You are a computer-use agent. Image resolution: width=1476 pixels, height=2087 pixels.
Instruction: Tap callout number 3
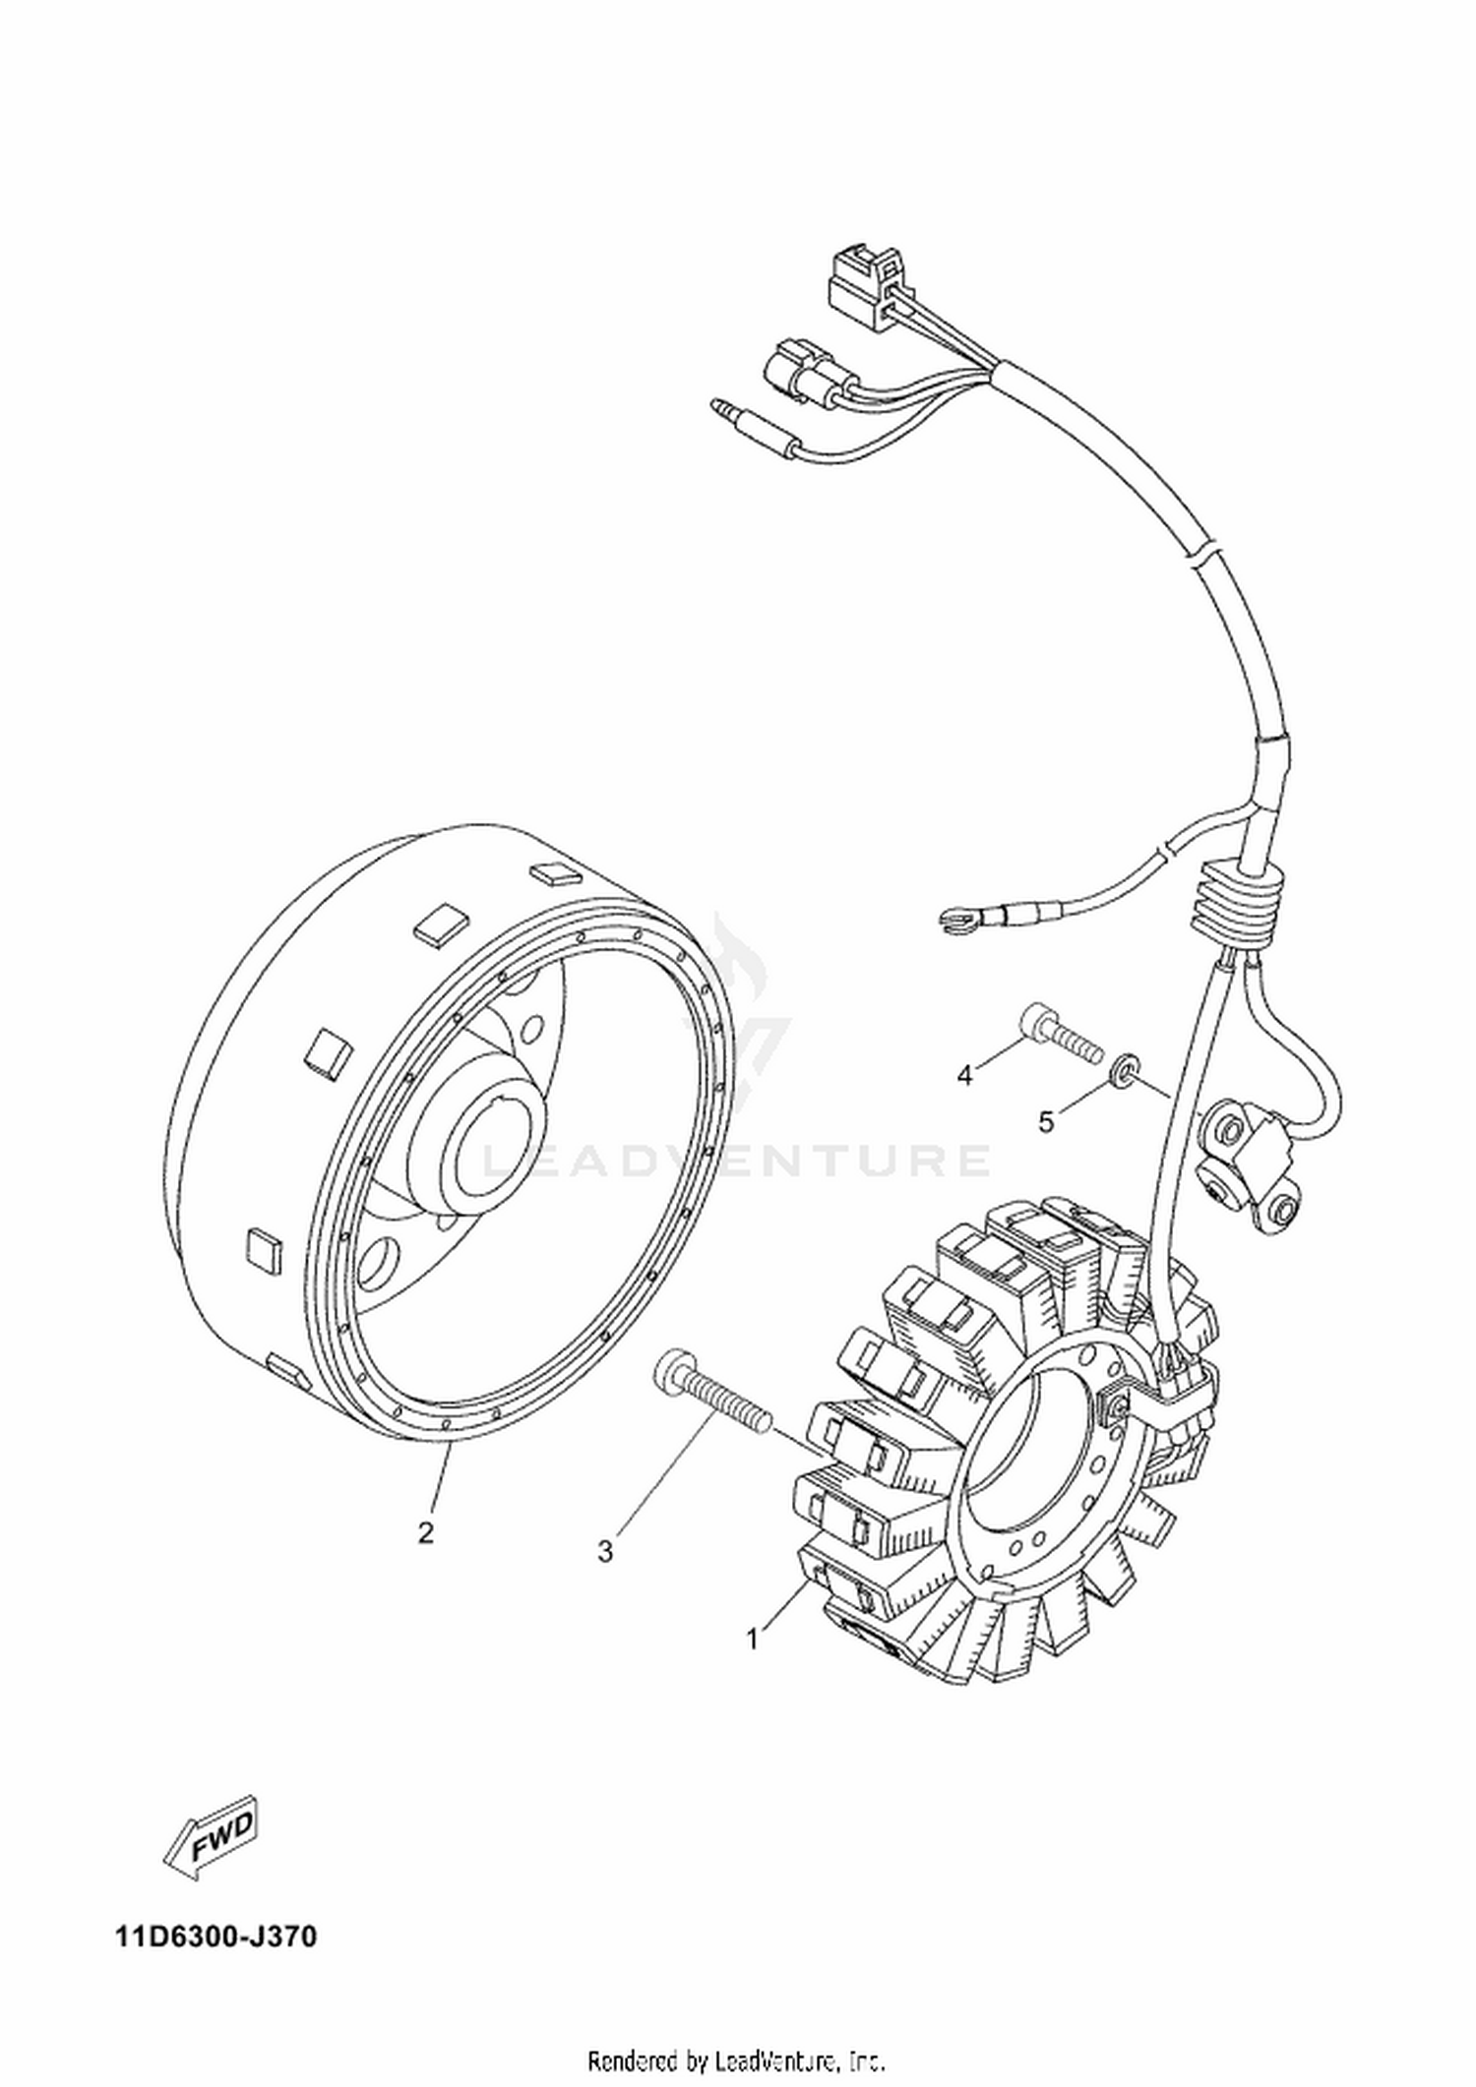pos(605,1552)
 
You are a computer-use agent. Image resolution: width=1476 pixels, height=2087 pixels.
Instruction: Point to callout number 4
pos(965,1076)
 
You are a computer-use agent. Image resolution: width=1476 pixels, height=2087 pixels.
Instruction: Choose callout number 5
pos(1046,1121)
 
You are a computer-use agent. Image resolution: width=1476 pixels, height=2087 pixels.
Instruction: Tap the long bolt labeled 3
pos(711,1398)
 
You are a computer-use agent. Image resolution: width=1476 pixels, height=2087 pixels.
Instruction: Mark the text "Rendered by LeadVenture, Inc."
pos(737,2063)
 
